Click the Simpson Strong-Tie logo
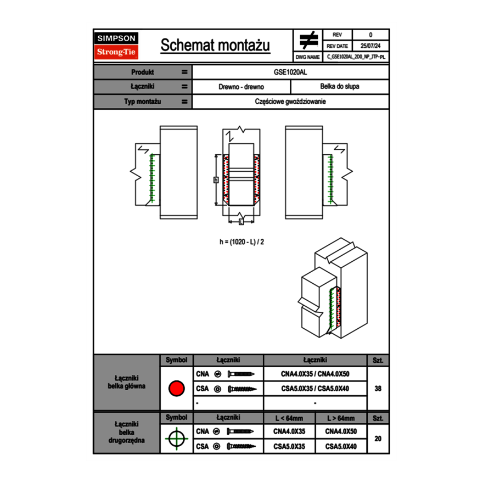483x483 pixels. (x=117, y=46)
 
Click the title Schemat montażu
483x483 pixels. (x=215, y=46)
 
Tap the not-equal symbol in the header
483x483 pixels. (x=308, y=40)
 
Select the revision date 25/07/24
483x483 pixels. (x=370, y=46)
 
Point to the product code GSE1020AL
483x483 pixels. (x=290, y=72)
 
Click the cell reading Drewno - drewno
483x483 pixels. (x=241, y=87)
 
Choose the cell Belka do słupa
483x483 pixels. (x=339, y=87)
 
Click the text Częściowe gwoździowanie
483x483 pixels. (x=290, y=102)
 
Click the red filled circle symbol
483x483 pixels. (x=176, y=389)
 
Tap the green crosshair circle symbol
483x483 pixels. (x=176, y=439)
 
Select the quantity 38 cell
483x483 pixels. (x=378, y=389)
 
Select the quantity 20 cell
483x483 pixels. (x=378, y=439)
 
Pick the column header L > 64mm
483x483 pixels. (x=341, y=418)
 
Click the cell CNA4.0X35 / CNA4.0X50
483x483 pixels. (x=315, y=374)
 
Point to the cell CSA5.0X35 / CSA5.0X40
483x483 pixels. (x=315, y=389)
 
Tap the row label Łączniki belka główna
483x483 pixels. (x=127, y=382)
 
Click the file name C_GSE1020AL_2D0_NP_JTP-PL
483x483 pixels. (x=356, y=57)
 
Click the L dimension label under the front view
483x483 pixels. (x=241, y=222)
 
